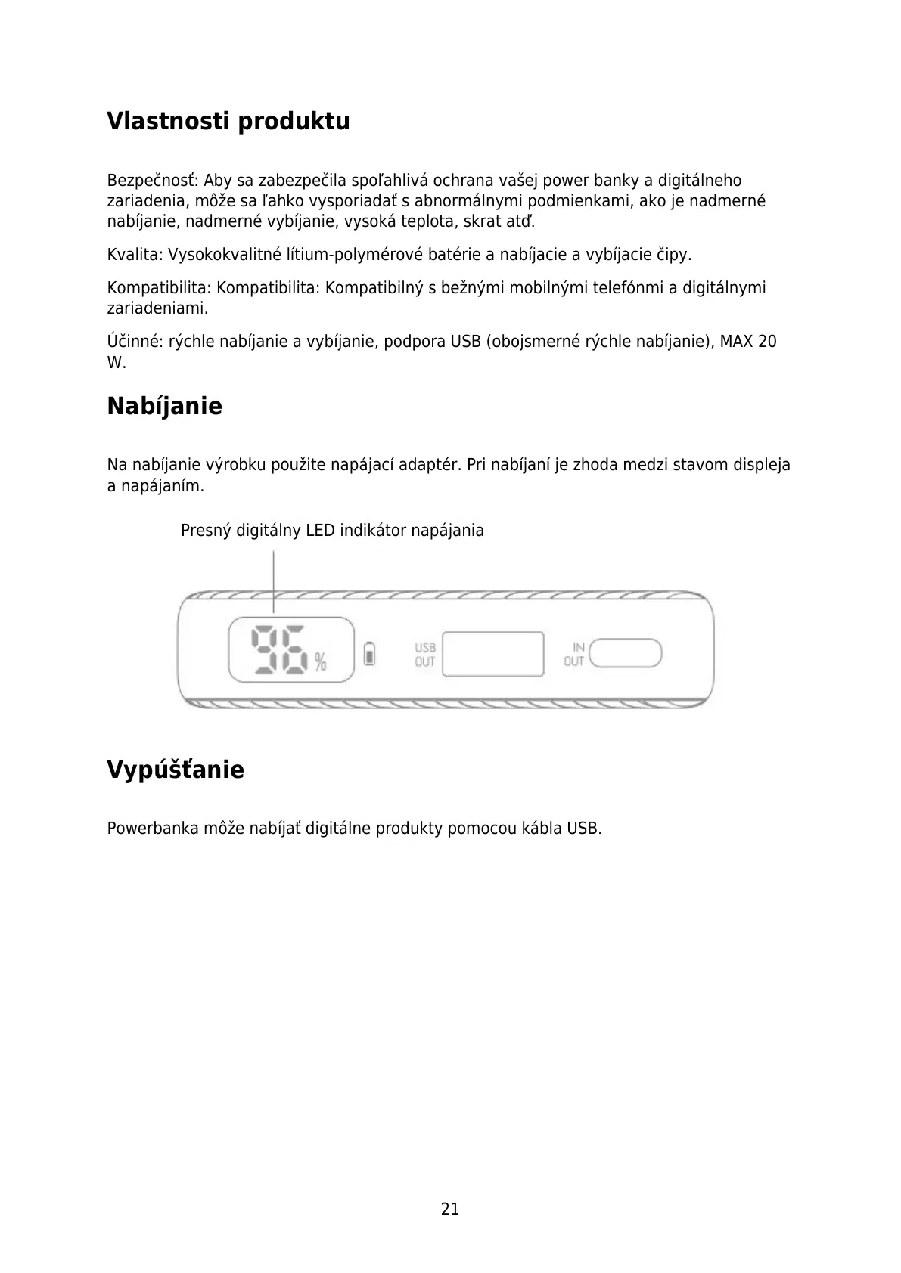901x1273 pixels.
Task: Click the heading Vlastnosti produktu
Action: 228,121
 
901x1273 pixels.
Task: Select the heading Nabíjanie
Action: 164,406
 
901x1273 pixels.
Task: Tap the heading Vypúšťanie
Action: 175,770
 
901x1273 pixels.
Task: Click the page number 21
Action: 450,1209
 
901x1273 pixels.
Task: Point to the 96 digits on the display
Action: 279,649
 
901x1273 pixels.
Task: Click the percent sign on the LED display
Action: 321,663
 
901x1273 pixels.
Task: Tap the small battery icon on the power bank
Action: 369,653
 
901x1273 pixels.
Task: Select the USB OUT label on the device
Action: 424,655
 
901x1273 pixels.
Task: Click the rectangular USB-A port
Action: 492,654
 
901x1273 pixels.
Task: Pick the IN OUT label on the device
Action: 575,654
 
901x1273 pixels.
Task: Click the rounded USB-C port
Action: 625,653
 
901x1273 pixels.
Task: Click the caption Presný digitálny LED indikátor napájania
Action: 332,531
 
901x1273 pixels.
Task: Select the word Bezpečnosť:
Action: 152,181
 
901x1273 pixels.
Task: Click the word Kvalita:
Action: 135,255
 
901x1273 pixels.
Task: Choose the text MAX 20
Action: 747,342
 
